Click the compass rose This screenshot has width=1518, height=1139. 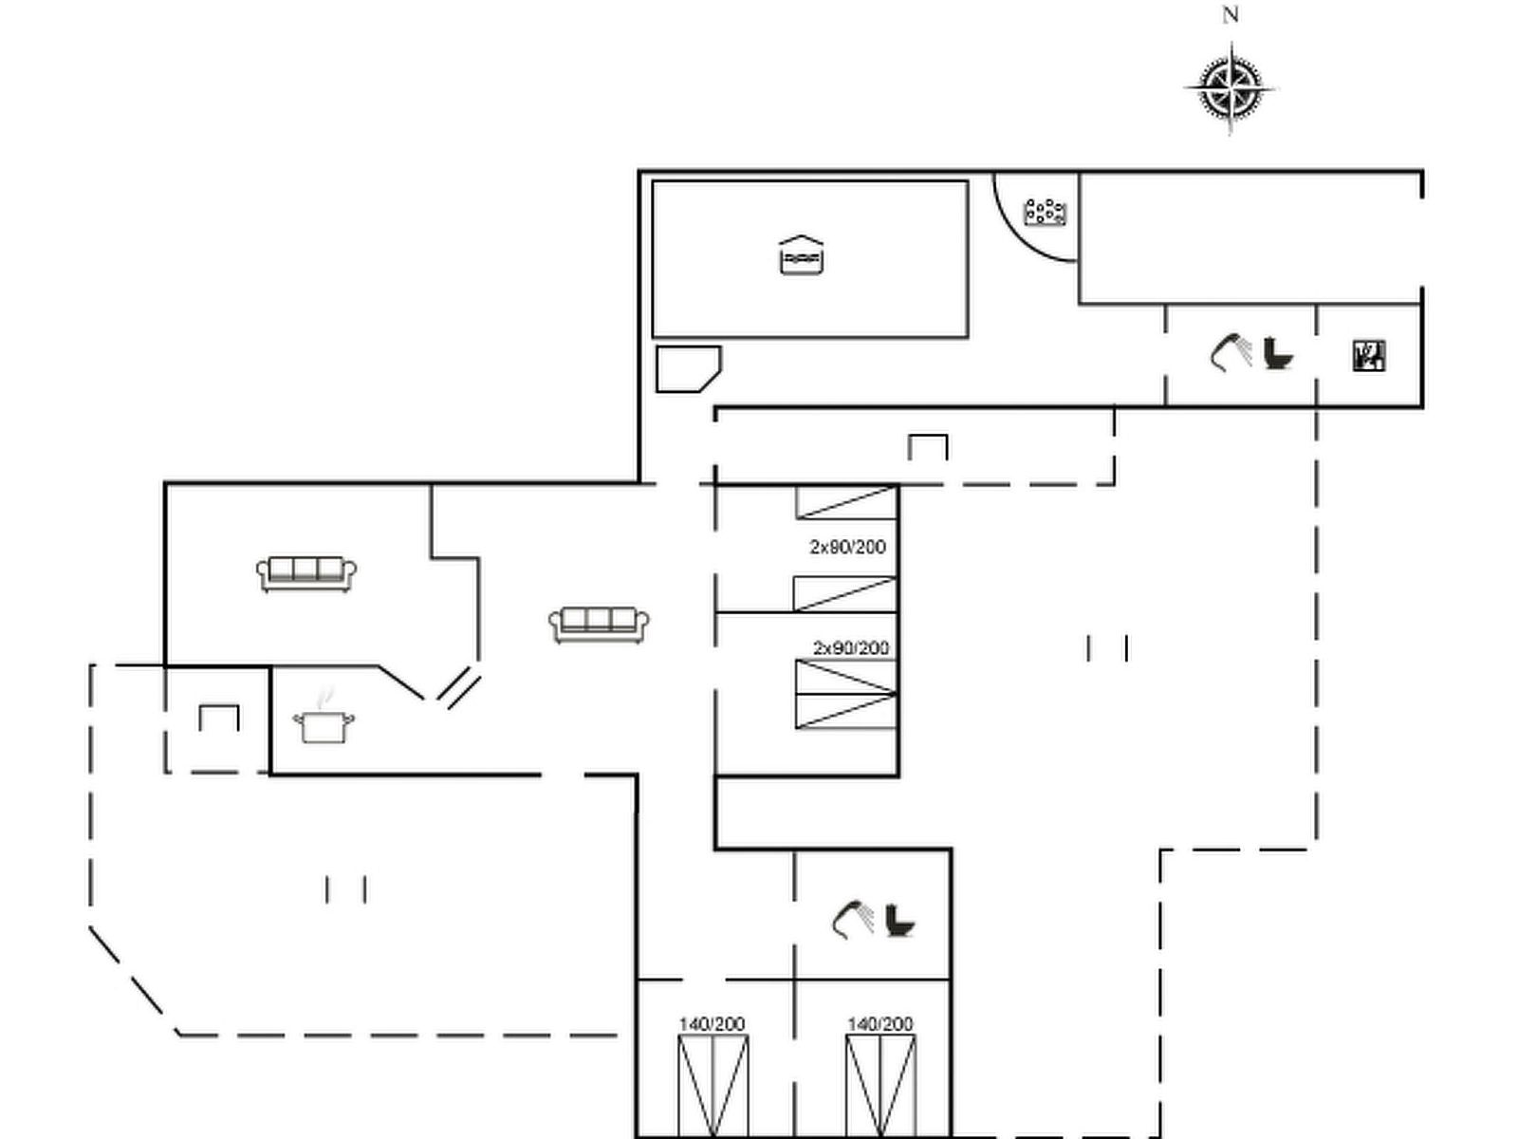[x=1230, y=89]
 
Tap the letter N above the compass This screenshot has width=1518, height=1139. [x=1230, y=15]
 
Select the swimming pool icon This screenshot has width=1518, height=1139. [x=802, y=255]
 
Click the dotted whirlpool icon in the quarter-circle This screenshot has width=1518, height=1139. [x=1045, y=213]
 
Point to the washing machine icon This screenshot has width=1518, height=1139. [x=1369, y=356]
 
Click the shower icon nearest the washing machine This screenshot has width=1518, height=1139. [x=1231, y=352]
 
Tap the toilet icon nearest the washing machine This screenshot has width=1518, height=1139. [x=1278, y=353]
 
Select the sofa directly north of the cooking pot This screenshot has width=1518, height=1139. [x=306, y=574]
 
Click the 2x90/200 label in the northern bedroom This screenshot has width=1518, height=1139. [x=848, y=547]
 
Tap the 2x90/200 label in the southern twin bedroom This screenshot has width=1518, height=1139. [x=851, y=648]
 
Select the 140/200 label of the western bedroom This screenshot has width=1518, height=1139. [x=712, y=1024]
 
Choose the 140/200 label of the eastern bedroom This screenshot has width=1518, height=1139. [x=880, y=1024]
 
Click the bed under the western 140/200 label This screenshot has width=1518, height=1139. [x=713, y=1087]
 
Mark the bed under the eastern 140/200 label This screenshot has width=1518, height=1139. [x=881, y=1087]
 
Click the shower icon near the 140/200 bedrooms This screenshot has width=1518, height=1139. [x=853, y=919]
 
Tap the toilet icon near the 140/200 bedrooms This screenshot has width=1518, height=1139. [x=900, y=921]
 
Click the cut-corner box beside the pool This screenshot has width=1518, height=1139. [x=689, y=369]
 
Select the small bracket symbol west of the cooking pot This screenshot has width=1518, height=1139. [x=219, y=718]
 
